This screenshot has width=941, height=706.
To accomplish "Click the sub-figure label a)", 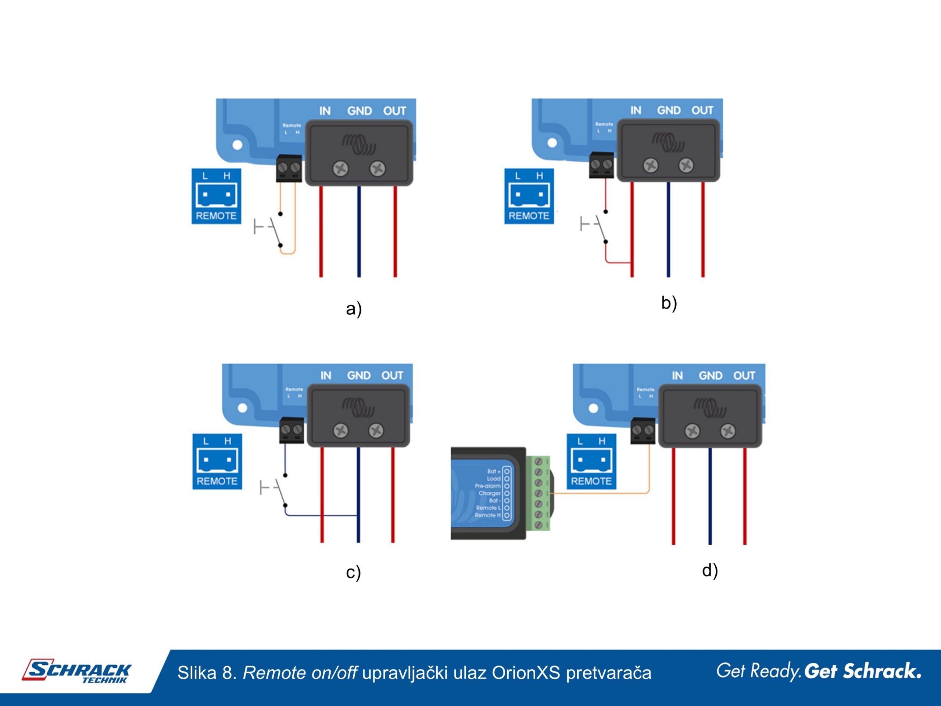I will coord(354,309).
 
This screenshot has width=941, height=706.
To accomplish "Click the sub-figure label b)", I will coord(669,303).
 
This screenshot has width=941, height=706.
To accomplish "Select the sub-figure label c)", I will coord(353,572).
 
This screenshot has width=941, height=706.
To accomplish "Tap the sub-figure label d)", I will coord(709,570).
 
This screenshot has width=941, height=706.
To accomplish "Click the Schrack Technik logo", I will coord(77,671).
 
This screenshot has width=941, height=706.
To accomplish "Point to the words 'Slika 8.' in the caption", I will coord(207,673).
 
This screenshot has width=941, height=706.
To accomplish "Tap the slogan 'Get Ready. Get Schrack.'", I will coord(819,671).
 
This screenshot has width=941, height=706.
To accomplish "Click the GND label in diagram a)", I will coord(359,111).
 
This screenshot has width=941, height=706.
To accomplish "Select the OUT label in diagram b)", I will coord(702,111).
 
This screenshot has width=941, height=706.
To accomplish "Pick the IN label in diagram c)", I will coord(326,376).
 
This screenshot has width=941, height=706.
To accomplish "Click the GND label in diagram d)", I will coord(711,376).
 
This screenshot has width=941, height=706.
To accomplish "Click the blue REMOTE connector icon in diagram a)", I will coord(216,196).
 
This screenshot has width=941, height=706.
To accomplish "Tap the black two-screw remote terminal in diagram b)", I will coord(601,165).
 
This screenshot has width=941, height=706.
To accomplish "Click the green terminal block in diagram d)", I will coord(538,493).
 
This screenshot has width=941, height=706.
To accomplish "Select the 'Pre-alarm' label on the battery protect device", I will coord(487,486).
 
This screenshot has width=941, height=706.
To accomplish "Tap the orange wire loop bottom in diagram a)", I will coord(287,254).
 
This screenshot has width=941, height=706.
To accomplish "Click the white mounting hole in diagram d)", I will coord(593,409).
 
